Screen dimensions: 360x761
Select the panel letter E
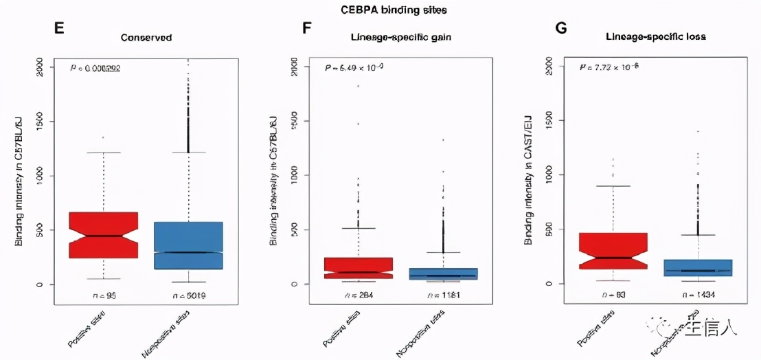(58, 28)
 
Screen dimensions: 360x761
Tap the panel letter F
(307, 28)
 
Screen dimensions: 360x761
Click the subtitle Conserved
(146, 37)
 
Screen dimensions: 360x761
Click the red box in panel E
(104, 235)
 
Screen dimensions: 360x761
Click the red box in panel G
(613, 251)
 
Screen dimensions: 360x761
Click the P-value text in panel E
(95, 68)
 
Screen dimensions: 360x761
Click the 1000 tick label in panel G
(549, 175)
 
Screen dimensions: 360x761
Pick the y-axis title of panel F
(274, 175)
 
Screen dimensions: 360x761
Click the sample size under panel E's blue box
(190, 296)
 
